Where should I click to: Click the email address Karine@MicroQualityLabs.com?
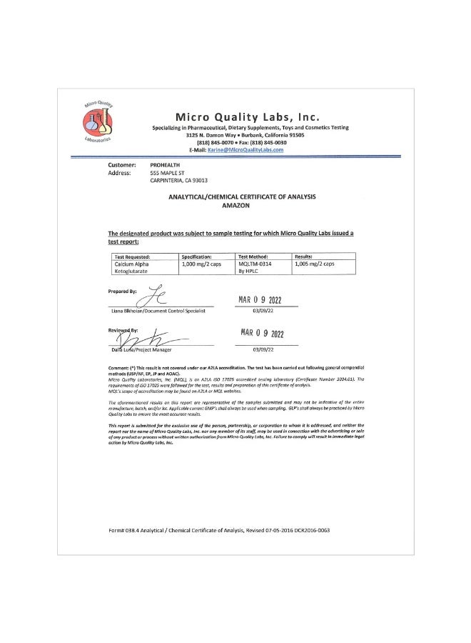point(245,150)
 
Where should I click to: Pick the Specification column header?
point(198,256)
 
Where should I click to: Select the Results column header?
point(305,256)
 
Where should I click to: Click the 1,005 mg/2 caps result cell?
point(314,264)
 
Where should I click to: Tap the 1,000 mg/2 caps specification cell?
point(202,264)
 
